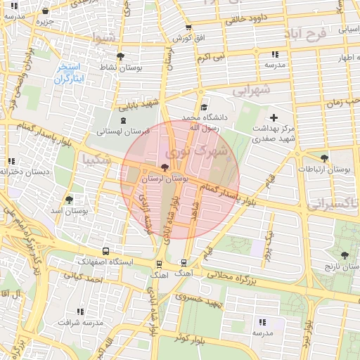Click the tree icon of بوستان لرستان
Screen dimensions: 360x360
(x=165, y=167)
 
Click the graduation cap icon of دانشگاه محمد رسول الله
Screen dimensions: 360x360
(x=204, y=107)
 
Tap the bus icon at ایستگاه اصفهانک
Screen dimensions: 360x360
(x=105, y=251)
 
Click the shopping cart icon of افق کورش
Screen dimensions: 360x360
(x=188, y=27)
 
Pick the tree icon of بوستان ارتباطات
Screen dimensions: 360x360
(x=323, y=158)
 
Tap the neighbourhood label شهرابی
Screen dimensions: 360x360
(x=251, y=90)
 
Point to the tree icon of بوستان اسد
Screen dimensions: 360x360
(x=68, y=200)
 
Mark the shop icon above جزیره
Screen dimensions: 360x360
(x=46, y=11)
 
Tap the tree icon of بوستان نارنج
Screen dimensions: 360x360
(x=345, y=256)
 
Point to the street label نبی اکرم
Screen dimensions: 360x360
(x=211, y=56)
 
